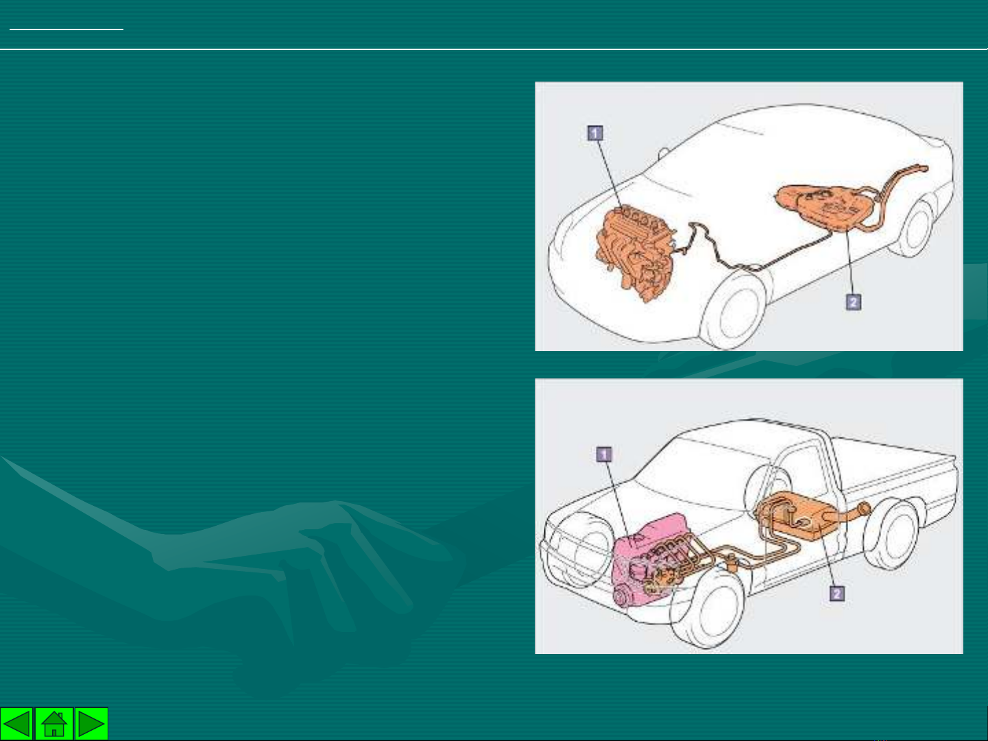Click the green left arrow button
click(16, 723)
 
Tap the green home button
click(54, 723)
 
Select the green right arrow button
click(91, 723)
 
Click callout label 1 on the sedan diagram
click(595, 133)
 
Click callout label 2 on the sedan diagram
click(854, 302)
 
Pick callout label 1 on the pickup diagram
click(604, 454)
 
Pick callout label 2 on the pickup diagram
click(836, 594)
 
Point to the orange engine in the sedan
click(635, 252)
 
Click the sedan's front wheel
click(734, 311)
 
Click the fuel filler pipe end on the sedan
click(923, 169)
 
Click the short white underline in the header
click(67, 29)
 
